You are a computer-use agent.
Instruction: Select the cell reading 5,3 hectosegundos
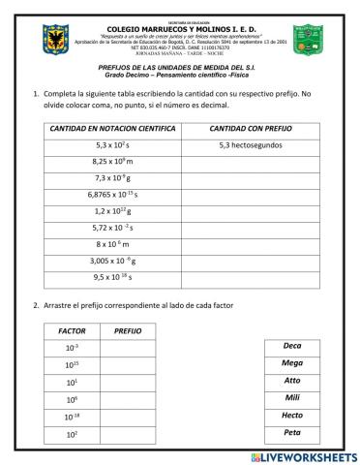(x=250, y=144)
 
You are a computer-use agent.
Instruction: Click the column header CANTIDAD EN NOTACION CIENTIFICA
(x=112, y=128)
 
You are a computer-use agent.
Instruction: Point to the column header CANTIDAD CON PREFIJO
(x=250, y=128)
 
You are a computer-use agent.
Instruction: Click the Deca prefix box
(x=292, y=346)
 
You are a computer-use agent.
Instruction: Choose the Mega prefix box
(x=292, y=363)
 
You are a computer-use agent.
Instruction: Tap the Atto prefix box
(x=292, y=381)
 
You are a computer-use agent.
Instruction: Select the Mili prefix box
(x=292, y=398)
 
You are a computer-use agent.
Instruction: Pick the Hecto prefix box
(x=292, y=416)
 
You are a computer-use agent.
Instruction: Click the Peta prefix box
(x=292, y=433)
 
